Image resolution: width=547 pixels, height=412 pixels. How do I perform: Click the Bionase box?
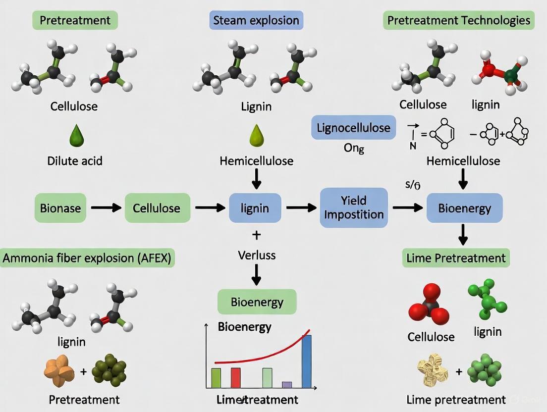click(61, 207)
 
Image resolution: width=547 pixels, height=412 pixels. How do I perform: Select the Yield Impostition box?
click(354, 207)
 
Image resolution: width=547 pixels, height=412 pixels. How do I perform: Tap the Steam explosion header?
click(256, 21)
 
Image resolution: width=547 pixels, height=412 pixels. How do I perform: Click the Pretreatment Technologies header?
click(458, 21)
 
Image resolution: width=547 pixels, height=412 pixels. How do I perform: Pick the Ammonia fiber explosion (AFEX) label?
click(89, 258)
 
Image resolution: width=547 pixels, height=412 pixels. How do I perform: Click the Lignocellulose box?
click(354, 128)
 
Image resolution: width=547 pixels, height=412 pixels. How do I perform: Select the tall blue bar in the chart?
click(307, 361)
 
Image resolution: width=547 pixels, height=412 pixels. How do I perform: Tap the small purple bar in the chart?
click(287, 384)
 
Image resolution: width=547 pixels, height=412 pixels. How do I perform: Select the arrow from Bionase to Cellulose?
click(106, 207)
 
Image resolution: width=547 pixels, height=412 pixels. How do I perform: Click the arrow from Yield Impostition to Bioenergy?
click(407, 207)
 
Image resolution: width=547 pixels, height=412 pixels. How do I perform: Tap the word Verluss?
click(256, 255)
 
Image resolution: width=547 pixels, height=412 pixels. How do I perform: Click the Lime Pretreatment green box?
click(456, 258)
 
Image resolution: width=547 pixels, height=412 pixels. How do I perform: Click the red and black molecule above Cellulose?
click(428, 304)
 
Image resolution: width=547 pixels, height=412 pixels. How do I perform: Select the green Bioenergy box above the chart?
click(257, 302)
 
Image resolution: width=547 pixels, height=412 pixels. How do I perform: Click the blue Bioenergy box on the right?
click(464, 207)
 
